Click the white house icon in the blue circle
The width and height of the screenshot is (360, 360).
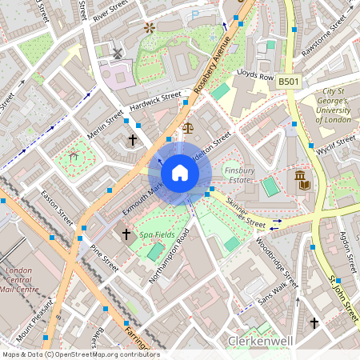tap(180, 172)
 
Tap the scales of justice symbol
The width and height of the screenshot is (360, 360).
tap(188, 126)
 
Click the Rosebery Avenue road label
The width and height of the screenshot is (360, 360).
tap(213, 66)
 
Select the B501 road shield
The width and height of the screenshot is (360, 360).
tap(289, 82)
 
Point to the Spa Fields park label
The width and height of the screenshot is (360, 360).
tap(157, 235)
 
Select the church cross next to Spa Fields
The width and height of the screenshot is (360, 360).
tap(126, 234)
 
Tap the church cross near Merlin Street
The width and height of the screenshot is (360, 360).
tap(133, 140)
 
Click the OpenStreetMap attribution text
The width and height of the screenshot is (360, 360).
tap(80, 354)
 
